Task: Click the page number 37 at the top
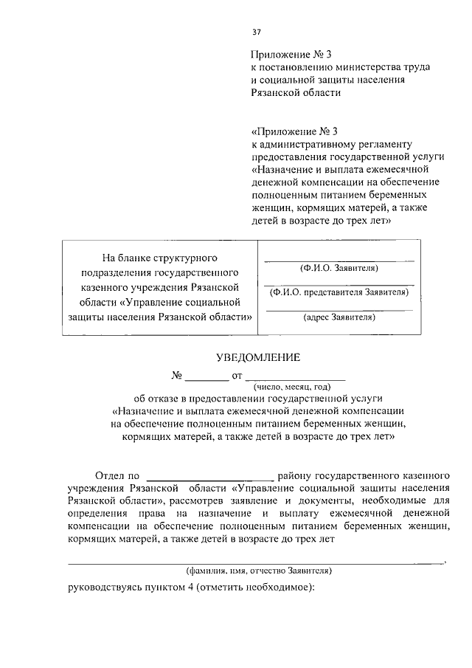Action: pos(256,32)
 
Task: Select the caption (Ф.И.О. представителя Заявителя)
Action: pos(339,292)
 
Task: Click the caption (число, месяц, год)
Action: pos(293,386)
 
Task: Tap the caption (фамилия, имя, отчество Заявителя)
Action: pos(258,571)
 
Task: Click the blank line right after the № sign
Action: pos(206,378)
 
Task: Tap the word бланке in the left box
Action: pos(136,258)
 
